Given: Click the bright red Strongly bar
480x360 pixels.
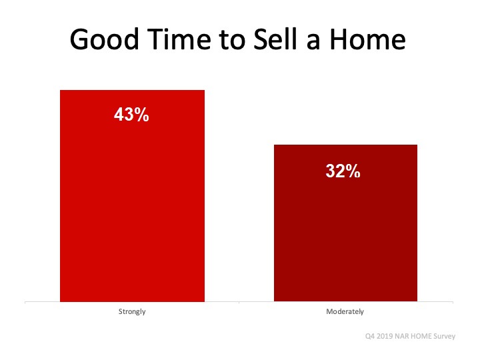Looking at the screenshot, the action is coord(132,196).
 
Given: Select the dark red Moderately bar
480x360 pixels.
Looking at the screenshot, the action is coord(345,223).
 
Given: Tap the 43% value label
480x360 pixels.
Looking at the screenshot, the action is coord(131,115).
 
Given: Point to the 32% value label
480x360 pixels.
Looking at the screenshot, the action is coord(343,171).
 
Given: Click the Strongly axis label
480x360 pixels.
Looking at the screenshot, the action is coord(132,311).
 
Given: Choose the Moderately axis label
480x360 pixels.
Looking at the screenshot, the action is coord(345,311).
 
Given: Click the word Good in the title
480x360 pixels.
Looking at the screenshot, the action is coord(105,39).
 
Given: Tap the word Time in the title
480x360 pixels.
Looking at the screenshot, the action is coord(179,39).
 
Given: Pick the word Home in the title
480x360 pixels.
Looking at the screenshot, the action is coord(367,39).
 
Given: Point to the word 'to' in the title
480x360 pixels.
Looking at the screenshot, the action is coord(232,41).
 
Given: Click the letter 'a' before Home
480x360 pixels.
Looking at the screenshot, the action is coord(313,42).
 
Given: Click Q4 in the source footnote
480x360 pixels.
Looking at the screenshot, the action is coord(369,336).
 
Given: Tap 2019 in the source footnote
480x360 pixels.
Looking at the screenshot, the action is coord(385,336).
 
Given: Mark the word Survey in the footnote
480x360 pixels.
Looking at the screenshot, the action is coord(445,337).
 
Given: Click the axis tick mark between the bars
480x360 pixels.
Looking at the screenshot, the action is coord(239,303).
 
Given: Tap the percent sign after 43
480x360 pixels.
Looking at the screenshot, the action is coord(141,115).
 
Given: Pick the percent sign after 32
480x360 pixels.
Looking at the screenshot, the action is coord(353,171).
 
